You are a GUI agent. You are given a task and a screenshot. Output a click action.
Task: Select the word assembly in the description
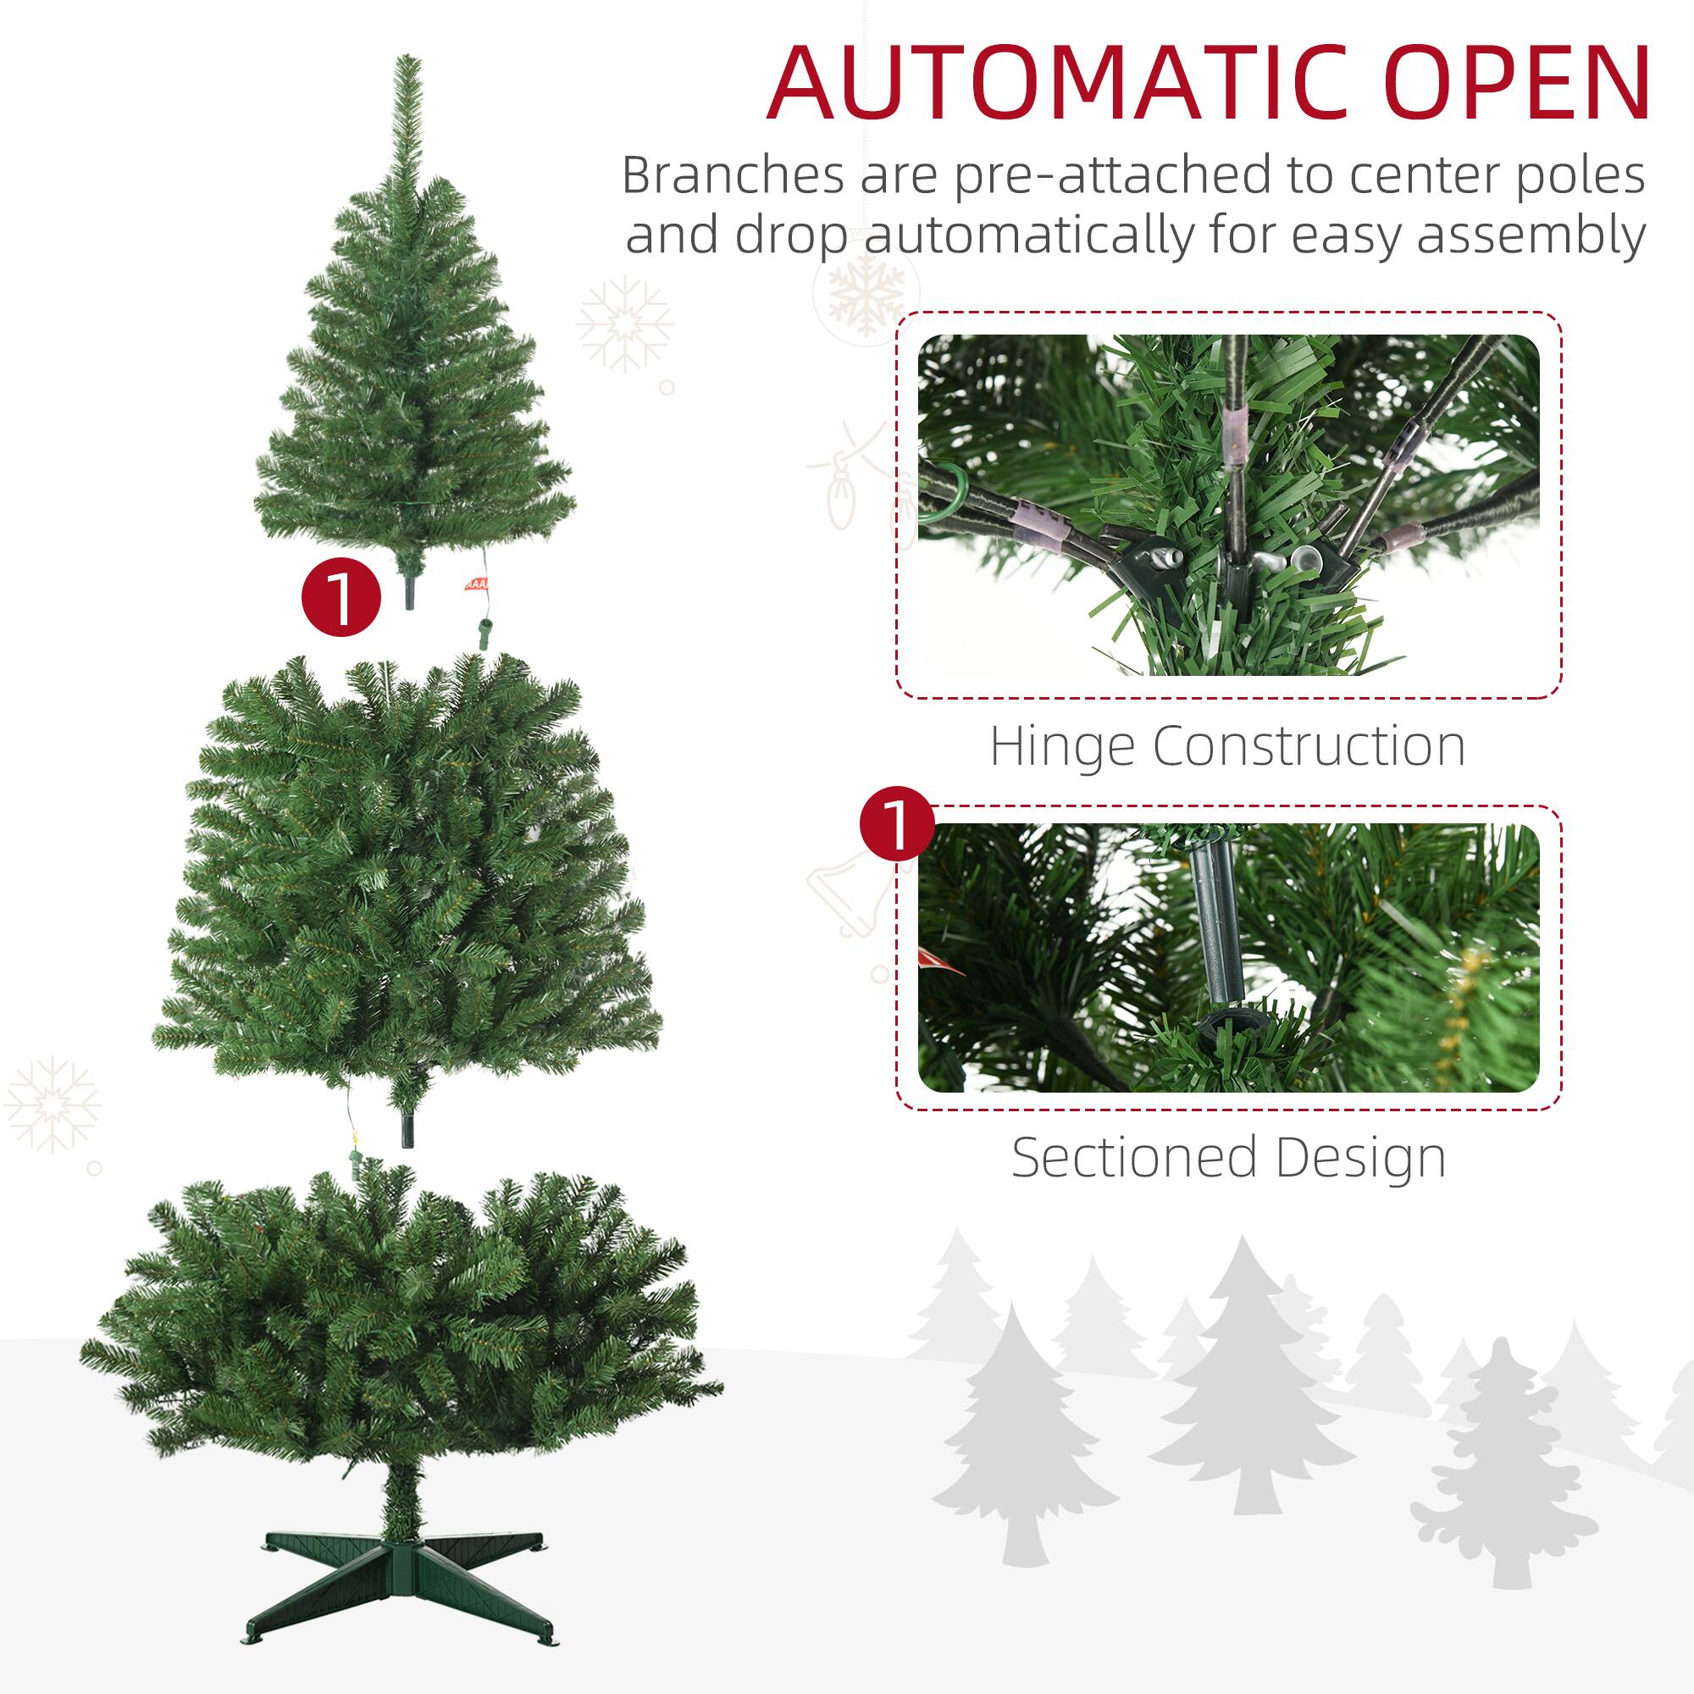pos(1529,235)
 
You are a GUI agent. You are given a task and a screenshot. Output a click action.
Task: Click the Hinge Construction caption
pos(1227,747)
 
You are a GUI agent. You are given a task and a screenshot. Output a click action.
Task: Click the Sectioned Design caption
pos(1227,1158)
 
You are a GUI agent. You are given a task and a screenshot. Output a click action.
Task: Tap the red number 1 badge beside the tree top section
pos(341,600)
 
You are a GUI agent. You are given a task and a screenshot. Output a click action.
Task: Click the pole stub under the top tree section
pos(409,591)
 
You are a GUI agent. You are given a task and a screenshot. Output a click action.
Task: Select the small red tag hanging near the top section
pos(473,584)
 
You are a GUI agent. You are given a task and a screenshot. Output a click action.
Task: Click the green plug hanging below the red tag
pos(483,633)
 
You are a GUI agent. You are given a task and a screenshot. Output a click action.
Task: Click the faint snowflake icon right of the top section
pos(625,324)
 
